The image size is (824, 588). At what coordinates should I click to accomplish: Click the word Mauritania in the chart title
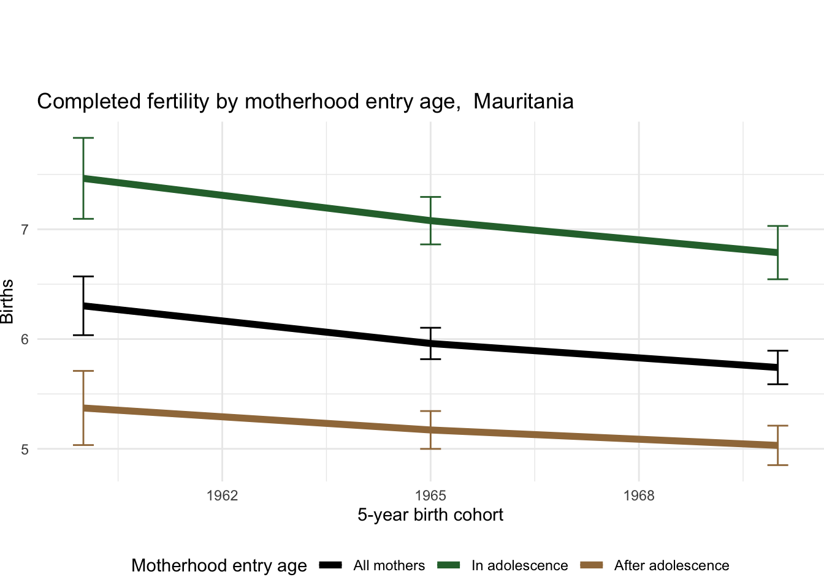click(523, 101)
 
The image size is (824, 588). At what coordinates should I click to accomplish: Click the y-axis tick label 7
click(25, 230)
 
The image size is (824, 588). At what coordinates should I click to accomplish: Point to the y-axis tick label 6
click(25, 339)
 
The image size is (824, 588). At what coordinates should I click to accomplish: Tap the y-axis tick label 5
click(25, 449)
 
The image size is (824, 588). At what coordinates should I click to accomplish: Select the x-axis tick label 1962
click(222, 496)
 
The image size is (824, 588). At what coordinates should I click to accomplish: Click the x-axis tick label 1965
click(430, 496)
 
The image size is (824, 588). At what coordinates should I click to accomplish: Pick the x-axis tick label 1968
click(639, 496)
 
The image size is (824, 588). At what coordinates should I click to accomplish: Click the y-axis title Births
click(7, 301)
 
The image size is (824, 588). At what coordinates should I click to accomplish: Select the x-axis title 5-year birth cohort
click(430, 514)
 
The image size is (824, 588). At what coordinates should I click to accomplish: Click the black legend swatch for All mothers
click(331, 565)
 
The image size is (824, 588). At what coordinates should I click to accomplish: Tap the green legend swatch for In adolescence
click(449, 565)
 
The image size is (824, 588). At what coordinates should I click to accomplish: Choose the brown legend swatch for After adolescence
click(592, 565)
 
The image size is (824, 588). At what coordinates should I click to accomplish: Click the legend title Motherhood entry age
click(219, 565)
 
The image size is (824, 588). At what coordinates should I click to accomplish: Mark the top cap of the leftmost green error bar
click(83, 138)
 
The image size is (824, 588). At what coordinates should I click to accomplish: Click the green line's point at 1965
click(430, 221)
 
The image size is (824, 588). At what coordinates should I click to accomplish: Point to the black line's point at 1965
click(430, 344)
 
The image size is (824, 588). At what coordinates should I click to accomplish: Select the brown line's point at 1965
click(430, 430)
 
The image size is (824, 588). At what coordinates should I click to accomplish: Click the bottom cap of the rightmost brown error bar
click(777, 465)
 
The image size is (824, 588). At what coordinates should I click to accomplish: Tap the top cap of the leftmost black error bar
click(83, 277)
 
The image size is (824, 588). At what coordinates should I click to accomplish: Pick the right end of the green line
click(777, 252)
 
